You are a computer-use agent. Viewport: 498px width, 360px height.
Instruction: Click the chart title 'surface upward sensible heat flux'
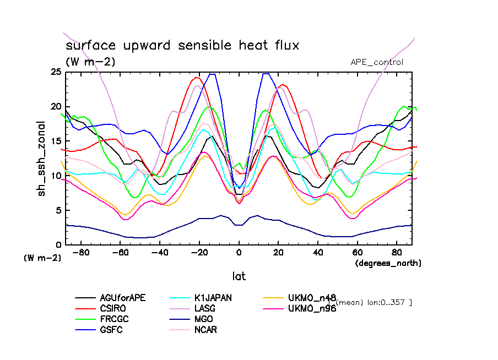pyautogui.click(x=182, y=45)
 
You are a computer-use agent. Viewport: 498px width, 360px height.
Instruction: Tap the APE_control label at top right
pyautogui.click(x=377, y=62)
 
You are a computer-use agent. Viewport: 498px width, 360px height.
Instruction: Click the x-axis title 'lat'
pyautogui.click(x=239, y=275)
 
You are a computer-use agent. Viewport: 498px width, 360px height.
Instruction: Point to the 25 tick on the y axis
pyautogui.click(x=55, y=72)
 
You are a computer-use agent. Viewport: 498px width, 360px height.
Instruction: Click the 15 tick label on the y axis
pyautogui.click(x=55, y=141)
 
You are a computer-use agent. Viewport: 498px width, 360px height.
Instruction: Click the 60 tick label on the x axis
pyautogui.click(x=358, y=253)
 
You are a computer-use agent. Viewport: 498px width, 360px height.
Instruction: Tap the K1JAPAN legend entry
pyautogui.click(x=212, y=298)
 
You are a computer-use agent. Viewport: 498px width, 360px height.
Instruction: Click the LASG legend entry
pyautogui.click(x=203, y=308)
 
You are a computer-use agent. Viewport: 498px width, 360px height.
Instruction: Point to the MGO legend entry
pyautogui.click(x=201, y=319)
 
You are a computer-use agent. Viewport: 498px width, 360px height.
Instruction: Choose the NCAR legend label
pyautogui.click(x=203, y=330)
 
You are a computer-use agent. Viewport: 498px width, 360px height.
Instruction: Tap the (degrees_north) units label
pyautogui.click(x=388, y=263)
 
